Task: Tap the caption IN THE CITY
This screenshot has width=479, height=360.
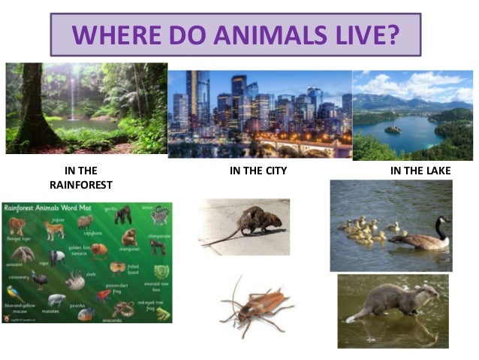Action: [258, 171]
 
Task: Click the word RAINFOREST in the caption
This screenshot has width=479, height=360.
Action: [81, 184]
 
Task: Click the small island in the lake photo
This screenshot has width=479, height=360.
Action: [393, 129]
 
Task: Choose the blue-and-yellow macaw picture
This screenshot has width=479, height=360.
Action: [14, 292]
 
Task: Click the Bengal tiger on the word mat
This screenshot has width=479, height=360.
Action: [17, 225]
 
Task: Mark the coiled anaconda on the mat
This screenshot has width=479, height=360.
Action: [122, 308]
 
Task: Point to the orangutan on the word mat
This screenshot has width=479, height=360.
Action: [128, 238]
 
